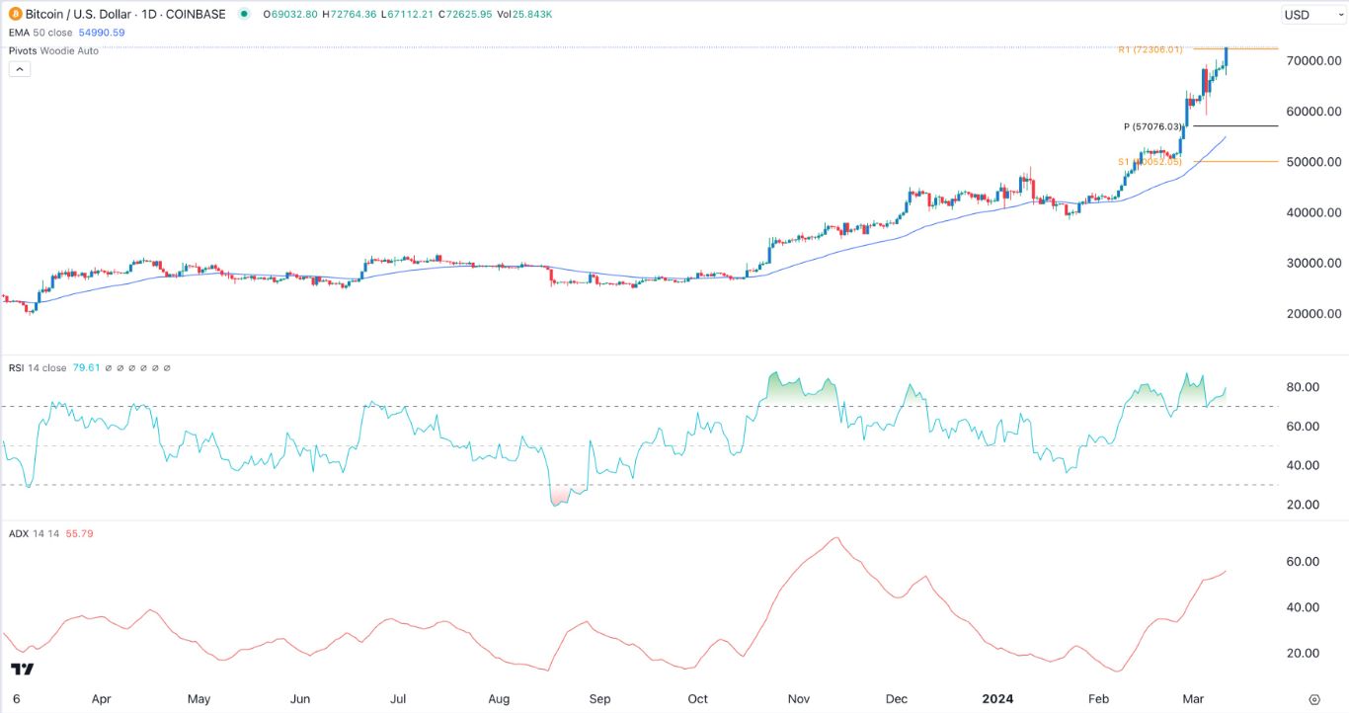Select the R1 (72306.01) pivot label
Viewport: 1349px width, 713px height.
click(1151, 49)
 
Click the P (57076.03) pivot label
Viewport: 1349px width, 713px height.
click(1152, 126)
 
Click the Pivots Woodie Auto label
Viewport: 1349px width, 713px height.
click(52, 50)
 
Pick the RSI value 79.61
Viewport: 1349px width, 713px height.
click(83, 368)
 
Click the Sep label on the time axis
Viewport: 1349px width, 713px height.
click(600, 699)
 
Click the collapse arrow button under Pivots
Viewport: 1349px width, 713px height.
click(19, 69)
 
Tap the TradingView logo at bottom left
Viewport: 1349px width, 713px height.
click(22, 670)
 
